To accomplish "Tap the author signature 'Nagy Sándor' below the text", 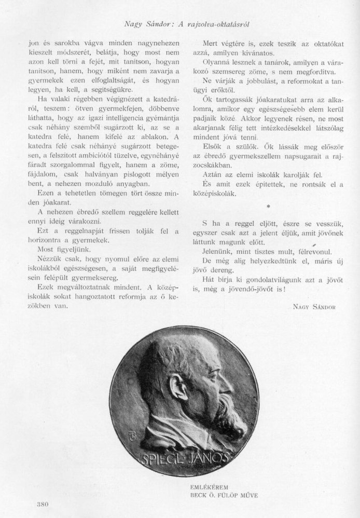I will (x=311, y=307).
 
